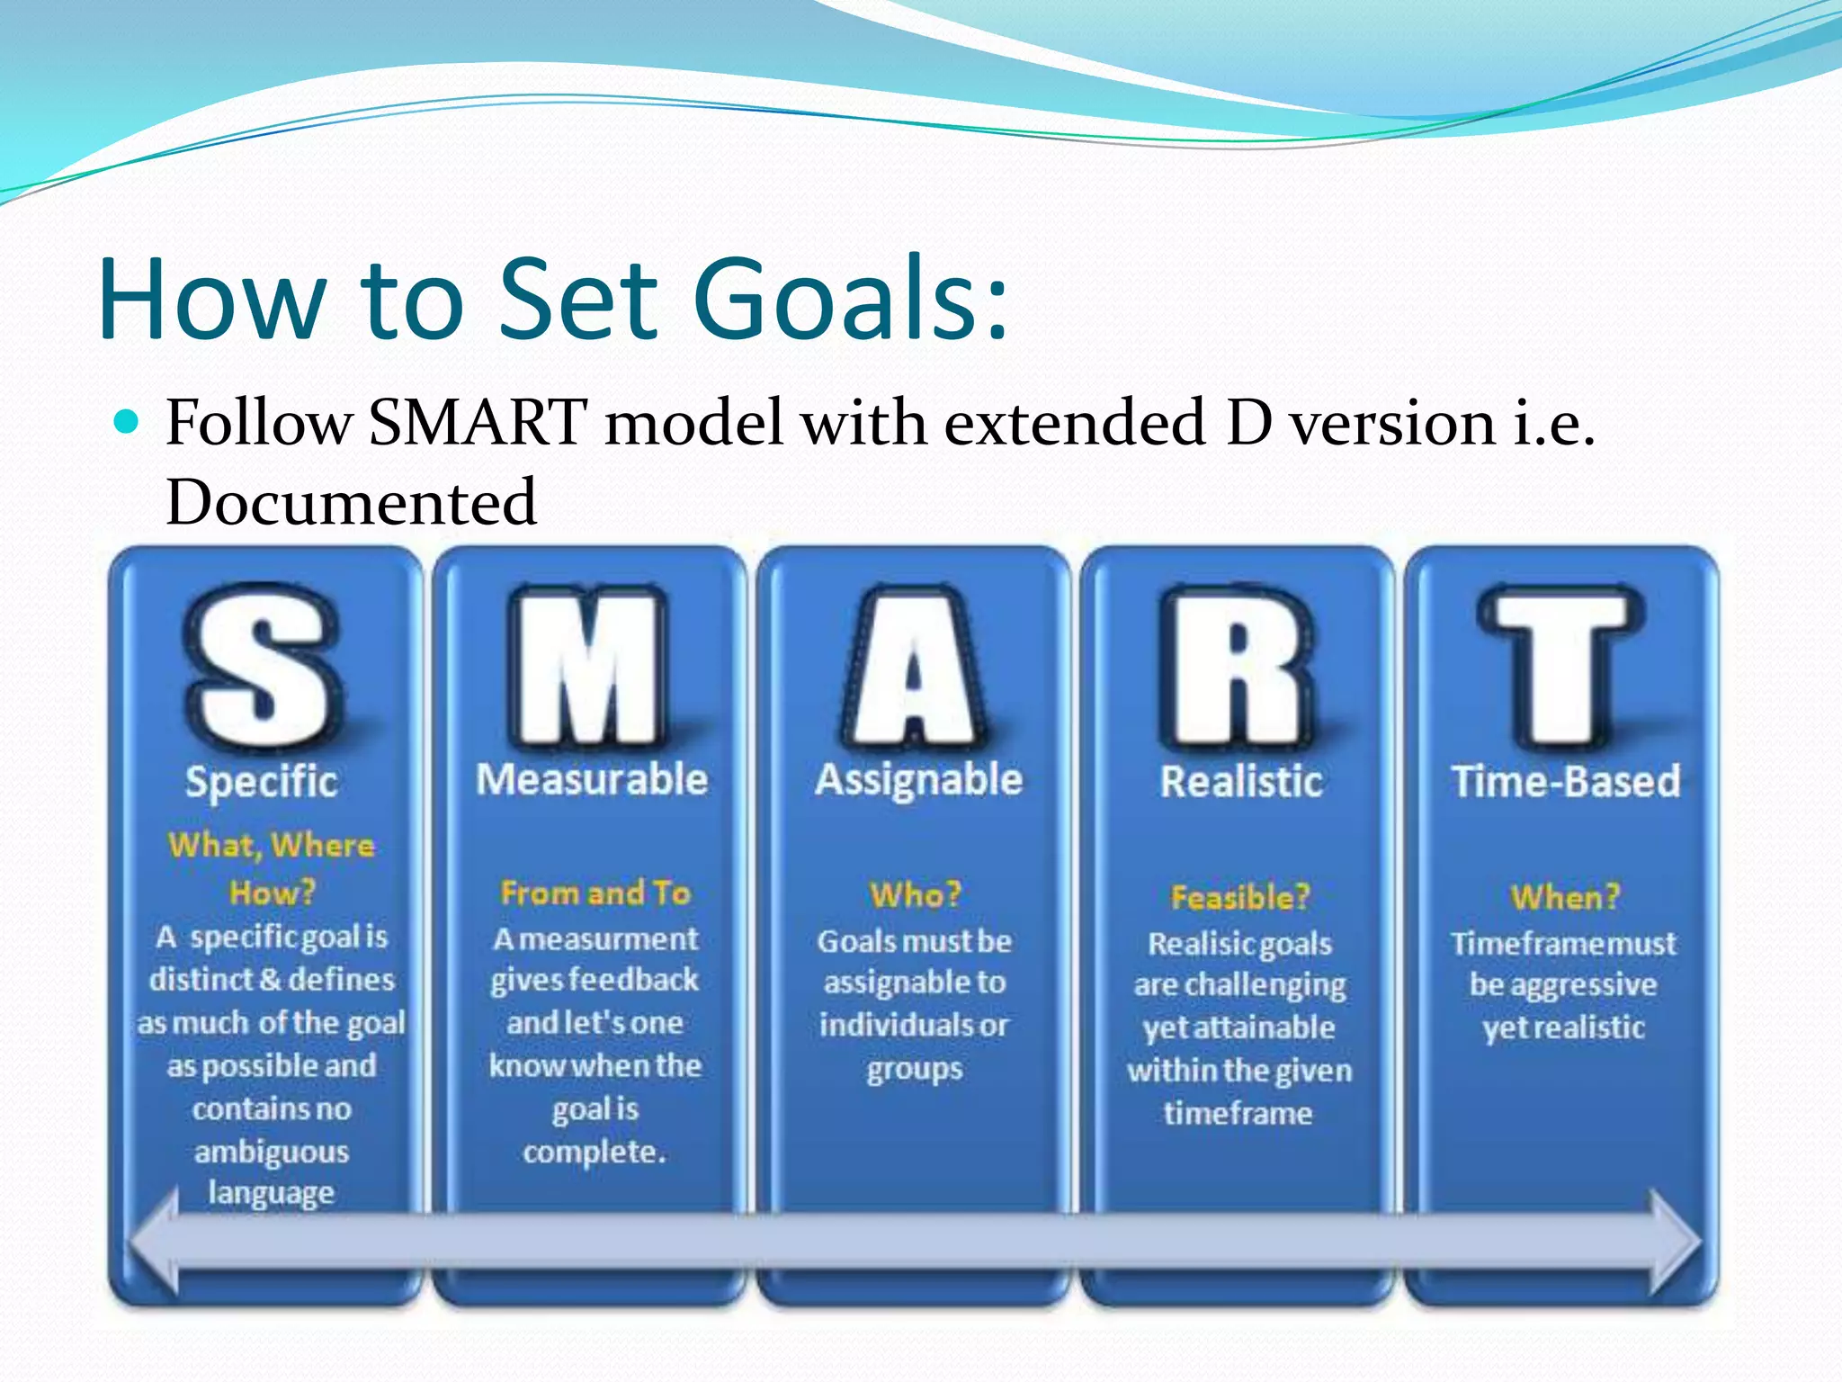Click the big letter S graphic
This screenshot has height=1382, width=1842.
[x=263, y=666]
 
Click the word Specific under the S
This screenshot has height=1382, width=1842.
[x=262, y=781]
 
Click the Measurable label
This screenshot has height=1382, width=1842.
[x=592, y=779]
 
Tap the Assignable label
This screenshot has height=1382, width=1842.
[x=918, y=779]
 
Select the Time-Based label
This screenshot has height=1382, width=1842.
[x=1566, y=781]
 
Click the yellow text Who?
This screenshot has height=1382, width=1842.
[x=916, y=894]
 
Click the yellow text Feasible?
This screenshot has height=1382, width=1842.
[x=1240, y=897]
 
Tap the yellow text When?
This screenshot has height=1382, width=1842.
[x=1565, y=897]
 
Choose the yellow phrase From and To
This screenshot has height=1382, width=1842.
[x=595, y=893]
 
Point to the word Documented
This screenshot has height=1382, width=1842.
[x=352, y=502]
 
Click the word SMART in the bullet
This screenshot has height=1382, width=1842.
[x=478, y=422]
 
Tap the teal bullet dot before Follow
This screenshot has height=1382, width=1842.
[x=128, y=421]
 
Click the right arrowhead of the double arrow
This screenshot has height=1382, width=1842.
[x=1675, y=1242]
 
